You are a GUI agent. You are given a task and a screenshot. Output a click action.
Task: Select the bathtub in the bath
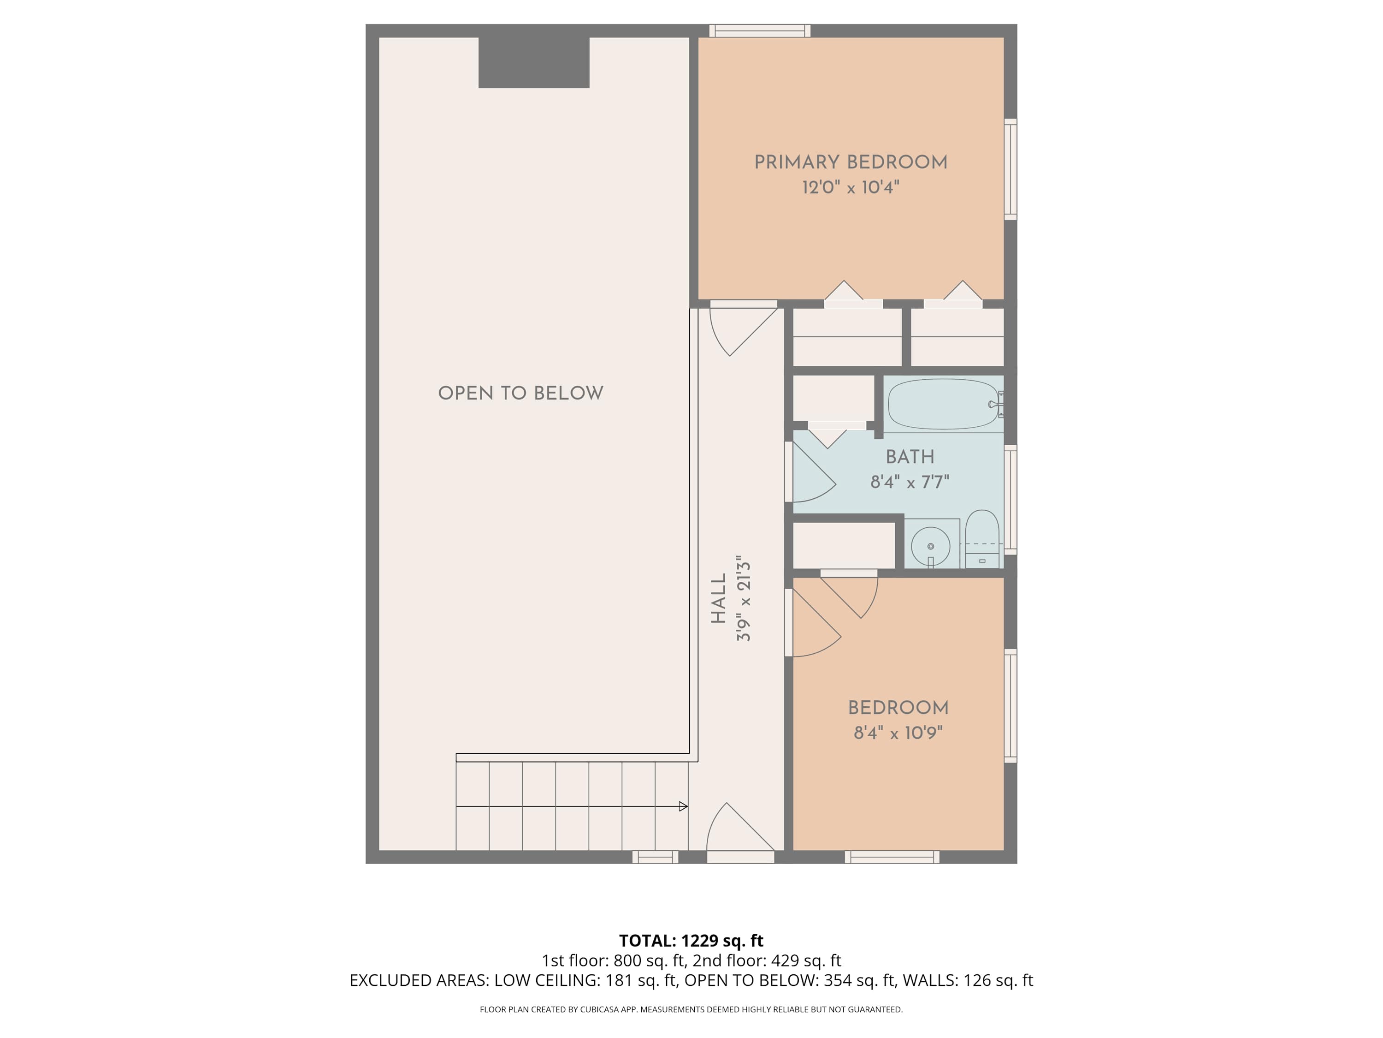click(x=944, y=404)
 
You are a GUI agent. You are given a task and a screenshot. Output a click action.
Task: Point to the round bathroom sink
click(x=931, y=546)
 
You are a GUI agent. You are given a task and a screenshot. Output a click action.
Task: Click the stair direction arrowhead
click(x=683, y=806)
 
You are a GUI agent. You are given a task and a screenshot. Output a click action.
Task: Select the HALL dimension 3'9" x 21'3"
click(x=744, y=599)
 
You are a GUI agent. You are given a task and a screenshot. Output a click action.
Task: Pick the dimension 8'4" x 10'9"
click(x=898, y=733)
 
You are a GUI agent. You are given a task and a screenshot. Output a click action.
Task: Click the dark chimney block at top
click(x=534, y=63)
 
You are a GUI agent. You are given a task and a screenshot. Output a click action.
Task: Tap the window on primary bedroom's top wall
click(x=760, y=30)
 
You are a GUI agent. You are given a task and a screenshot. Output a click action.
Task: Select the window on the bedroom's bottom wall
click(x=892, y=857)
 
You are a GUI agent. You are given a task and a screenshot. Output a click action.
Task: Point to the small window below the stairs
click(x=655, y=857)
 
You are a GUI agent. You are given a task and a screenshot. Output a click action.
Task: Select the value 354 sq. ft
click(x=859, y=980)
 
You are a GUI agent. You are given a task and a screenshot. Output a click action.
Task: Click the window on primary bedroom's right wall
click(x=1011, y=169)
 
